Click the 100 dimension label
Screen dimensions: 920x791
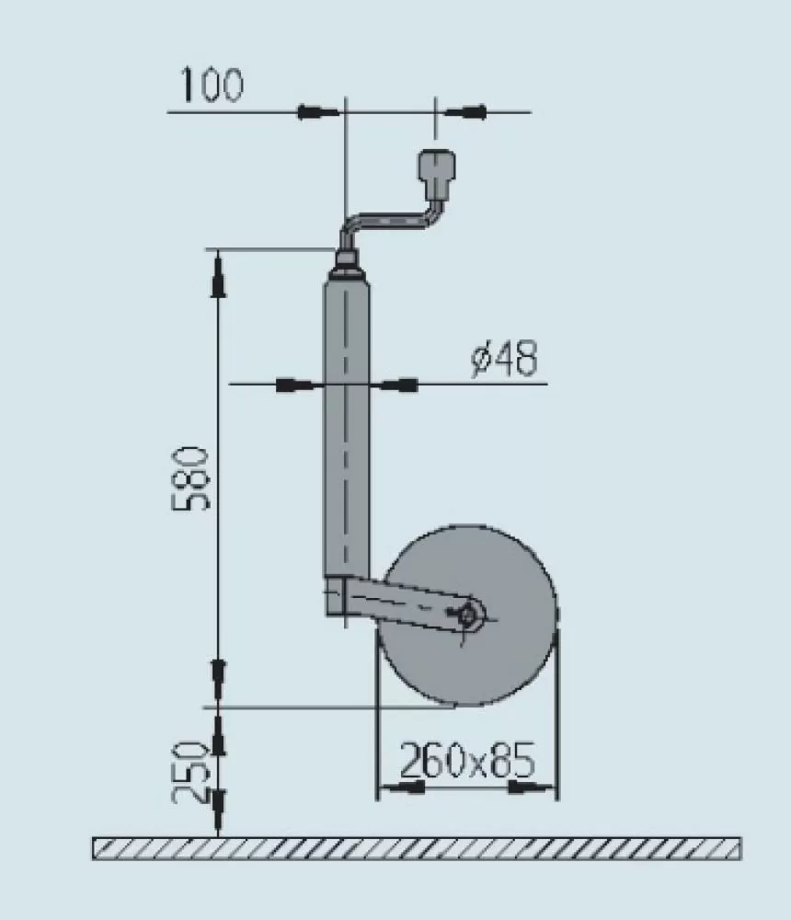pos(211,86)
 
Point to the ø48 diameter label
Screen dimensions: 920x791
pos(503,359)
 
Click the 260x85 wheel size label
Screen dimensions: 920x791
pos(466,761)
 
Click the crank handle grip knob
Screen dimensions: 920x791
pos(436,170)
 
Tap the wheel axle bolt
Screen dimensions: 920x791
pos(469,614)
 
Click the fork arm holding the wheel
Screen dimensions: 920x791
pos(405,604)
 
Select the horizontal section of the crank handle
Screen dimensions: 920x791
pos(391,221)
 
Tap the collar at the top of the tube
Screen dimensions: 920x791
pos(348,265)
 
